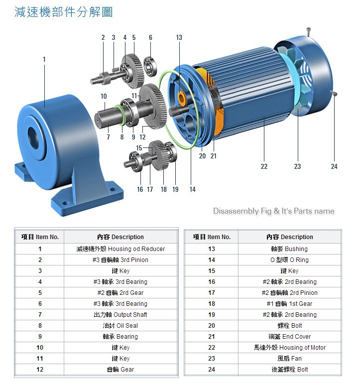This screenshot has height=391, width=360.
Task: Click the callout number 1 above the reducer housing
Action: click(44, 59)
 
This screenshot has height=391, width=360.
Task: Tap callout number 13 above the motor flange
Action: click(179, 37)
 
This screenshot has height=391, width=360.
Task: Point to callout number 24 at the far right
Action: click(334, 166)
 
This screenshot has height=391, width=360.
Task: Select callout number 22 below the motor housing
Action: click(264, 166)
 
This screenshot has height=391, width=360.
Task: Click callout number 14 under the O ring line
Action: click(193, 189)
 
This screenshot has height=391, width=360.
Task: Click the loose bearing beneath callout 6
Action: click(150, 67)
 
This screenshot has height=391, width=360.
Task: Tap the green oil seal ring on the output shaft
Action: click(120, 115)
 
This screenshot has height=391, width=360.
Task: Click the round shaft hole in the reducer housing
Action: click(33, 138)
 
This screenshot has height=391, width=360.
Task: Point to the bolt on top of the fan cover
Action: click(309, 31)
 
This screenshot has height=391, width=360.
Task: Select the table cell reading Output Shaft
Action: click(120, 315)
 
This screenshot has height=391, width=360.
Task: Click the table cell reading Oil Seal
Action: click(120, 326)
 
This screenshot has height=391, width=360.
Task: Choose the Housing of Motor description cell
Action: click(290, 348)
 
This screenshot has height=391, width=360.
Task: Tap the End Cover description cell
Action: click(290, 337)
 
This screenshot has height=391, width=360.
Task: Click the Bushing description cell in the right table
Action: click(290, 249)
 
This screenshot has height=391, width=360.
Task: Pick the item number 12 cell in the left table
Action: click(40, 370)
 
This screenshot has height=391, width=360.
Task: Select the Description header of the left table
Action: click(120, 237)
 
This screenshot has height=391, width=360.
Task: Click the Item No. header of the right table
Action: click(212, 237)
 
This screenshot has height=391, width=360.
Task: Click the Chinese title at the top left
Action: click(64, 12)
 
